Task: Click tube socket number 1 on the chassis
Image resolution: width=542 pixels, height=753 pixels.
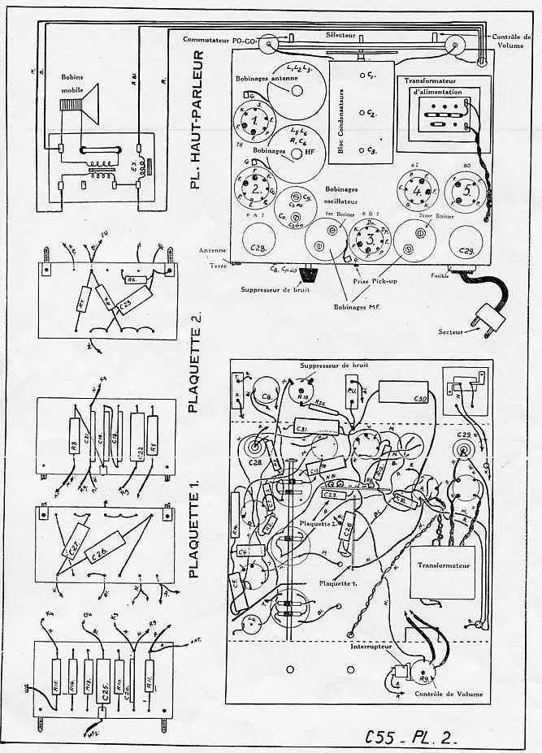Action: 258,121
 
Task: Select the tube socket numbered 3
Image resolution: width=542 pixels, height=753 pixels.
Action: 367,240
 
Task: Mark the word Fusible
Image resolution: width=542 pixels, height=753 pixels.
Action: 440,274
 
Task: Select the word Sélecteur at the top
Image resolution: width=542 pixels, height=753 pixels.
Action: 341,37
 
